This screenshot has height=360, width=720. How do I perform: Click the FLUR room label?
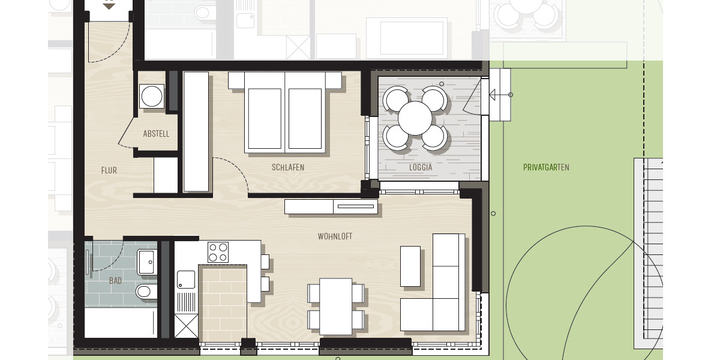click(x=109, y=170)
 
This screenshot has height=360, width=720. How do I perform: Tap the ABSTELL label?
click(x=156, y=134)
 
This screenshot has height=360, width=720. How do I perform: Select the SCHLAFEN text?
click(x=287, y=168)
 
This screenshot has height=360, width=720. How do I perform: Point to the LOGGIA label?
click(x=421, y=168)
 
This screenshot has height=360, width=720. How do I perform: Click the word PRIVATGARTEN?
click(x=546, y=168)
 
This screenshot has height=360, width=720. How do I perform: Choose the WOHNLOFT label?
click(x=335, y=237)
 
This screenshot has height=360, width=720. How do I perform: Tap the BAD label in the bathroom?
click(x=115, y=281)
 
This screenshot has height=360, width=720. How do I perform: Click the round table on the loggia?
click(x=415, y=118)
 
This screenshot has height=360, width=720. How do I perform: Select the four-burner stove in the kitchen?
click(x=218, y=251)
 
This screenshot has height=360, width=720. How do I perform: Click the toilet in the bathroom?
click(x=144, y=292)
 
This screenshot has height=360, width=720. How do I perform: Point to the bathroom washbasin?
click(x=146, y=262)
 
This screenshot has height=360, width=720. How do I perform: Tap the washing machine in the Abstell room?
click(x=152, y=96)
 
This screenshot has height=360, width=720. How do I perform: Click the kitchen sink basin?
click(x=185, y=279)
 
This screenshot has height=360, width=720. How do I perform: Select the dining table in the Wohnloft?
click(x=335, y=306)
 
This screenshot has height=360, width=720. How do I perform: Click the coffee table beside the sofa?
click(x=410, y=266)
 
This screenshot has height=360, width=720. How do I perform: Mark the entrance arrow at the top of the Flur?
click(x=109, y=5)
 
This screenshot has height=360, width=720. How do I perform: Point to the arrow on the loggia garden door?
click(x=496, y=95)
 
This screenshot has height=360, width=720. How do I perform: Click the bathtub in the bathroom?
click(x=120, y=323)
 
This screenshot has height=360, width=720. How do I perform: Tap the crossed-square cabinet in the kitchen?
click(x=185, y=326)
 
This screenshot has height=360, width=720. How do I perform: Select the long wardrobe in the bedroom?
click(x=196, y=132)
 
